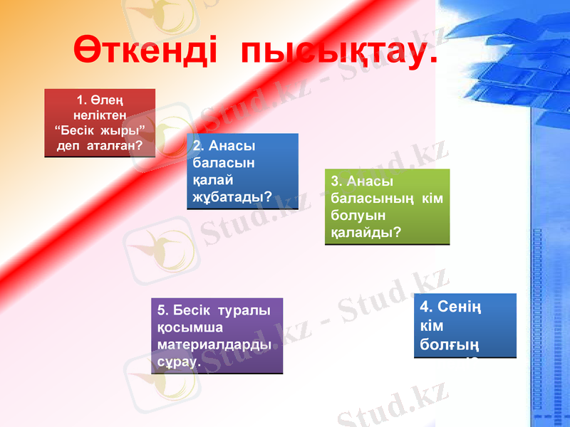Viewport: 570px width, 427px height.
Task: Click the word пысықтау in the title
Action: pos(338,52)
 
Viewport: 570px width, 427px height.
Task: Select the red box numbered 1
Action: pos(100,122)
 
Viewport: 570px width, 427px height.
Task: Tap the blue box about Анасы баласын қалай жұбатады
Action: pos(242,171)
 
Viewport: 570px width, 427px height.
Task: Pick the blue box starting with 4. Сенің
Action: pos(465,325)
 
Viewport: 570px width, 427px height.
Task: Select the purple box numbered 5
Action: pos(217,335)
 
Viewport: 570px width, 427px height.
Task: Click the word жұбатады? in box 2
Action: pos(232,196)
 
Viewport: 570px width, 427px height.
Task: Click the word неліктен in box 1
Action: pos(100,115)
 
